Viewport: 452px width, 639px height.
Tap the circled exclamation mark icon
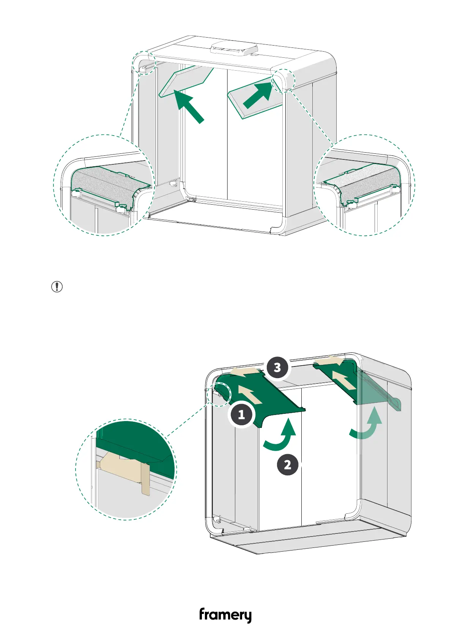click(57, 287)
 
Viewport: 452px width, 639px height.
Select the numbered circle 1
click(241, 415)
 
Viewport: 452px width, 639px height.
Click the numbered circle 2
click(287, 464)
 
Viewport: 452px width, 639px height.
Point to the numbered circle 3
click(277, 367)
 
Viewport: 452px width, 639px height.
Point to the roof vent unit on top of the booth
click(234, 49)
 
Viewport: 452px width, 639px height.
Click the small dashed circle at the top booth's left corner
click(144, 63)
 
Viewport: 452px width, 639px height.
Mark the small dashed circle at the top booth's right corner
click(283, 79)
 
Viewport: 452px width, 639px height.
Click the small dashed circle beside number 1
click(219, 394)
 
